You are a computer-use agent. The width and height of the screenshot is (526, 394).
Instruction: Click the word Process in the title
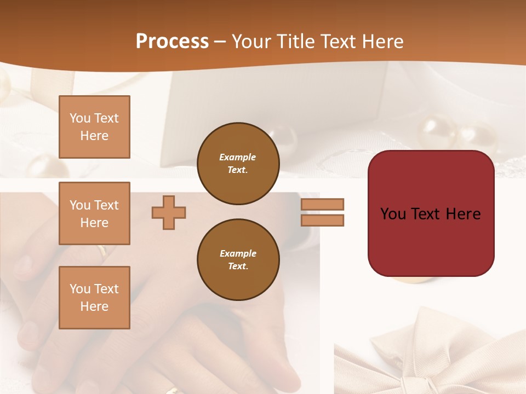pyautogui.click(x=172, y=42)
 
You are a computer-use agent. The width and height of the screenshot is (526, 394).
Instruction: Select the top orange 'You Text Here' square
pyautogui.click(x=94, y=127)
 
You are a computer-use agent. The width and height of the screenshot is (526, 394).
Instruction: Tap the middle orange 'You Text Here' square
pyautogui.click(x=94, y=213)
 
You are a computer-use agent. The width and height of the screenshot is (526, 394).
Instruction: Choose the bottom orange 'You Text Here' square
pyautogui.click(x=94, y=297)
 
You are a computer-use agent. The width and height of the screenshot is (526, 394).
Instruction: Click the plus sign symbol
pyautogui.click(x=169, y=212)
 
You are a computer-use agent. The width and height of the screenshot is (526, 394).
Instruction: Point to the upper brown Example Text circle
pyautogui.click(x=238, y=164)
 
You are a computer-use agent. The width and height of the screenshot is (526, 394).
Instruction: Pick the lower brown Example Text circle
pyautogui.click(x=238, y=260)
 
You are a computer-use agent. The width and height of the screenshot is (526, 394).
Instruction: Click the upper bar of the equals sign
pyautogui.click(x=322, y=204)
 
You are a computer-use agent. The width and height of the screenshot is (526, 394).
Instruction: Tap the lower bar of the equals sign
pyautogui.click(x=322, y=220)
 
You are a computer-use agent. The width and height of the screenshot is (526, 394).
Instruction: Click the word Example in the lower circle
pyautogui.click(x=238, y=253)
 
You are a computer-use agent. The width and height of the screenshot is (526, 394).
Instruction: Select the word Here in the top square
pyautogui.click(x=94, y=136)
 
